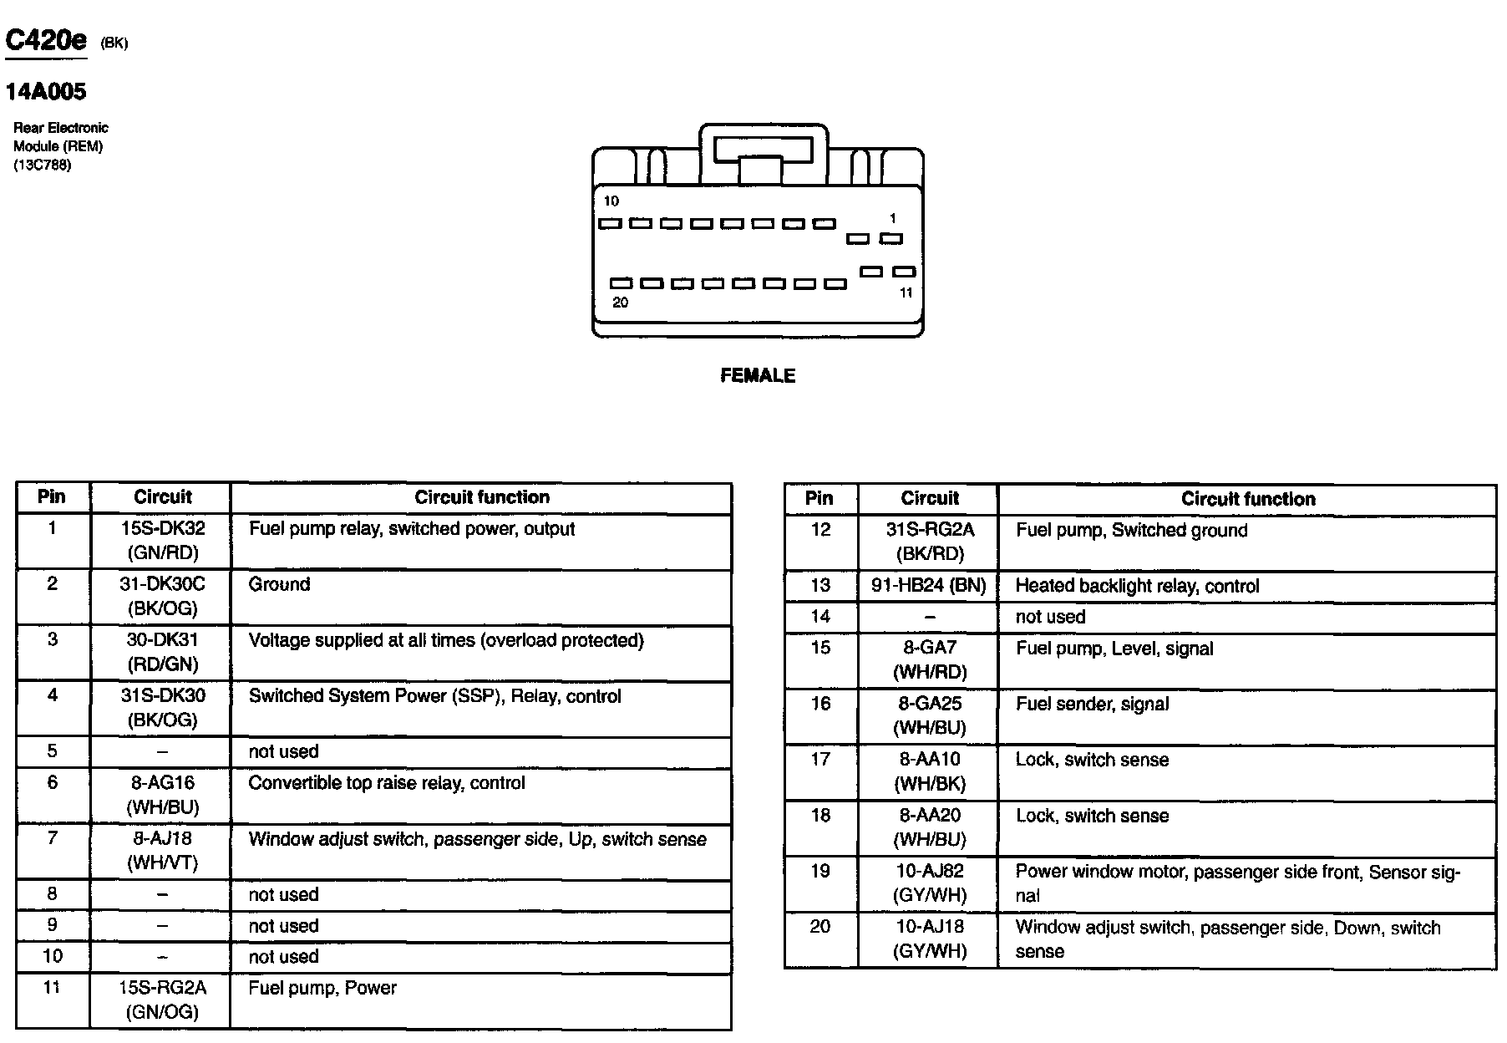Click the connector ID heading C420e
click(46, 40)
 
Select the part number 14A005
click(46, 91)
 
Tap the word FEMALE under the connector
click(758, 376)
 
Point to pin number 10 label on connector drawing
click(611, 201)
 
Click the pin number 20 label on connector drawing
click(620, 303)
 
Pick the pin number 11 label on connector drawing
click(906, 293)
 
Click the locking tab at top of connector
click(762, 150)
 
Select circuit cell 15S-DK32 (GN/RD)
click(162, 541)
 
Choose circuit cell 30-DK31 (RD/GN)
click(162, 652)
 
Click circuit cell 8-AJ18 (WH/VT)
click(162, 851)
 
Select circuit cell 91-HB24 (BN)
click(929, 586)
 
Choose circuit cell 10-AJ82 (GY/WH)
click(930, 883)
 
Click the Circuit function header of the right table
click(1247, 499)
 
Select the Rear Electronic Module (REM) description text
click(60, 145)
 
